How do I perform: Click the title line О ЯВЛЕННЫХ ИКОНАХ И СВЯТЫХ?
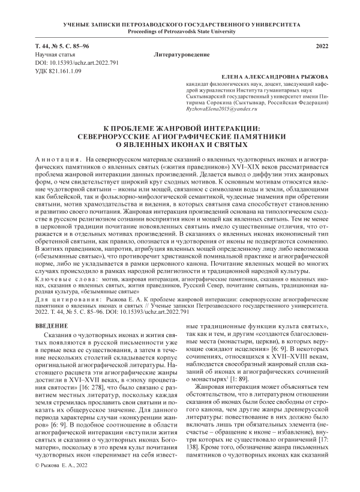pos(180,145)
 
